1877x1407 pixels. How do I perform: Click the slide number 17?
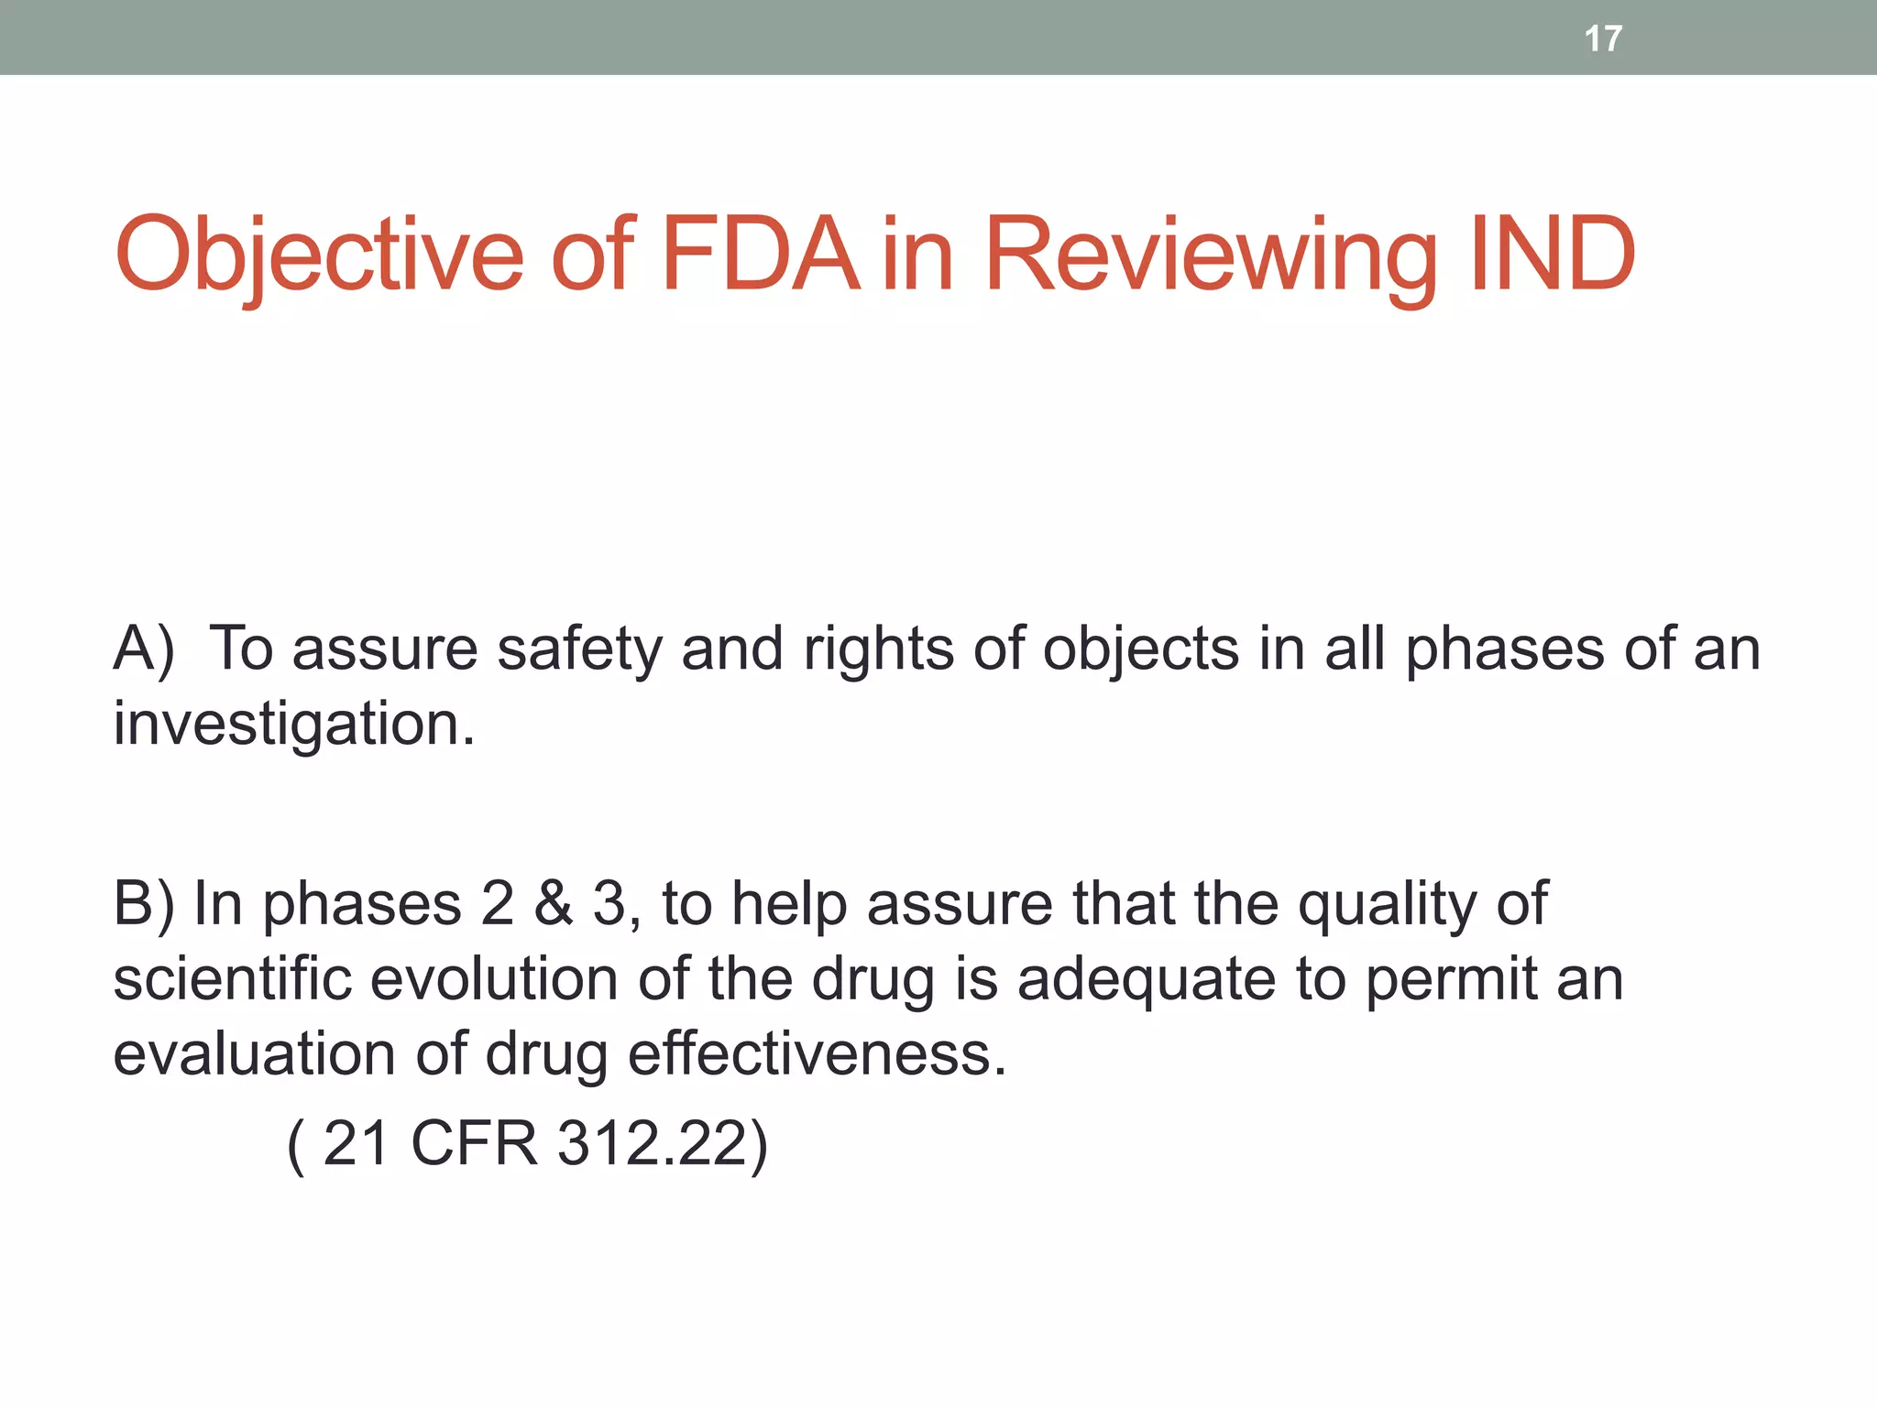pyautogui.click(x=1603, y=38)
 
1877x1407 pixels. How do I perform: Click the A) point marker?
pyautogui.click(x=144, y=649)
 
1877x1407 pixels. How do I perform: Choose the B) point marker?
pyautogui.click(x=143, y=904)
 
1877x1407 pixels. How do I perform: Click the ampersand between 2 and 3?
pyautogui.click(x=554, y=904)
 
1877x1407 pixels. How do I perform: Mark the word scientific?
pyautogui.click(x=232, y=978)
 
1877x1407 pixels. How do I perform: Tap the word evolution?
pyautogui.click(x=494, y=978)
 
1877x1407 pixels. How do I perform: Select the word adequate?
pyautogui.click(x=1146, y=980)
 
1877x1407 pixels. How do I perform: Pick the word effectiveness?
pyautogui.click(x=817, y=1053)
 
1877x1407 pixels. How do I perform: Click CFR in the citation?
pyautogui.click(x=474, y=1143)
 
